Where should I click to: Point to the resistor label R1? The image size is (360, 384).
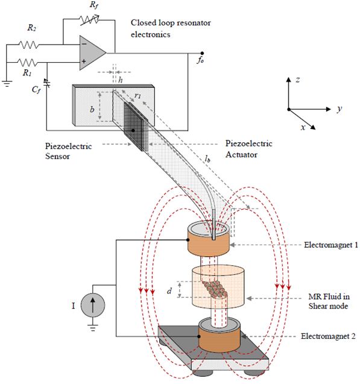click(x=26, y=71)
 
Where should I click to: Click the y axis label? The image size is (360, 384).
click(x=339, y=109)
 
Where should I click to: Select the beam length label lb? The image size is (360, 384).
click(x=207, y=160)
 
